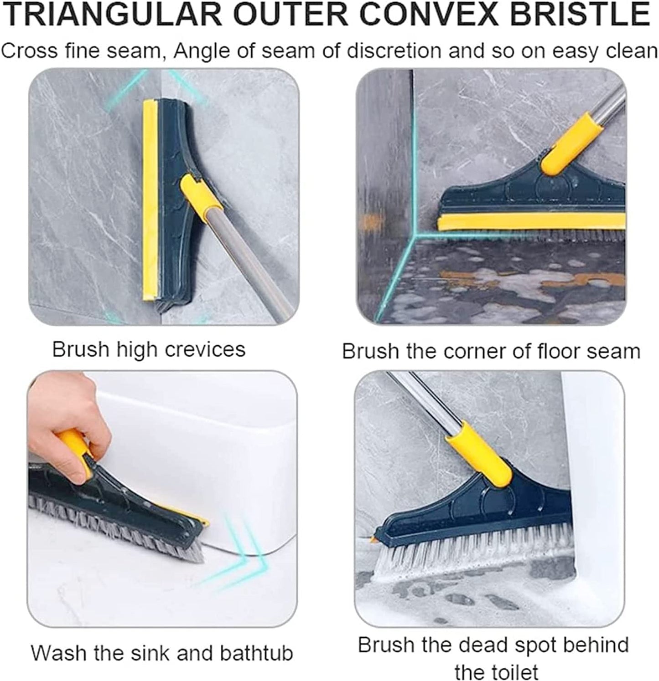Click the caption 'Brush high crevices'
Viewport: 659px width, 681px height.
coord(149,349)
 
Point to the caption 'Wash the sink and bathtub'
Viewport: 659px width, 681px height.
coord(161,653)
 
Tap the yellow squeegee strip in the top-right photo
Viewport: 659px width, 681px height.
coord(529,222)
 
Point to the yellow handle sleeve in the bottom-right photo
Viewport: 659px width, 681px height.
coord(479,453)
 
